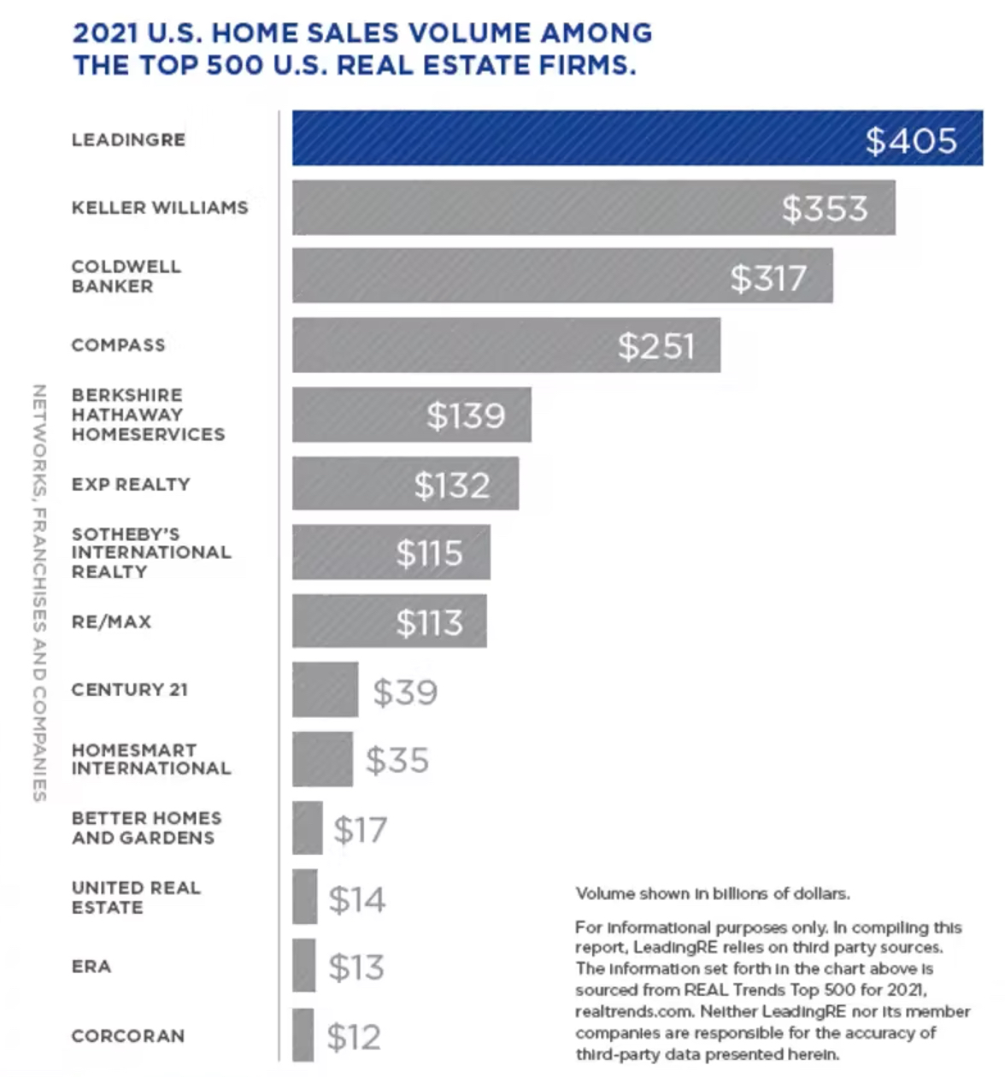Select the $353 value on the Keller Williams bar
click(825, 209)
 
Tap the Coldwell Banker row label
click(126, 276)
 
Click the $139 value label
click(466, 415)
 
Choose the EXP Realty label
click(131, 484)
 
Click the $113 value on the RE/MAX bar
click(429, 623)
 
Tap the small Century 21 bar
click(325, 690)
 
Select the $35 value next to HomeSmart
click(397, 760)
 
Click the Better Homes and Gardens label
click(146, 828)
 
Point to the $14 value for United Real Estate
click(357, 899)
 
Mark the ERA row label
click(91, 966)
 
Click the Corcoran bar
click(303, 1035)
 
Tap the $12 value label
click(354, 1037)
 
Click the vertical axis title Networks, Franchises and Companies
click(38, 592)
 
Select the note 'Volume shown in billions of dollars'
click(712, 894)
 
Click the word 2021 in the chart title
click(106, 33)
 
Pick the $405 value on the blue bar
click(910, 141)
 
